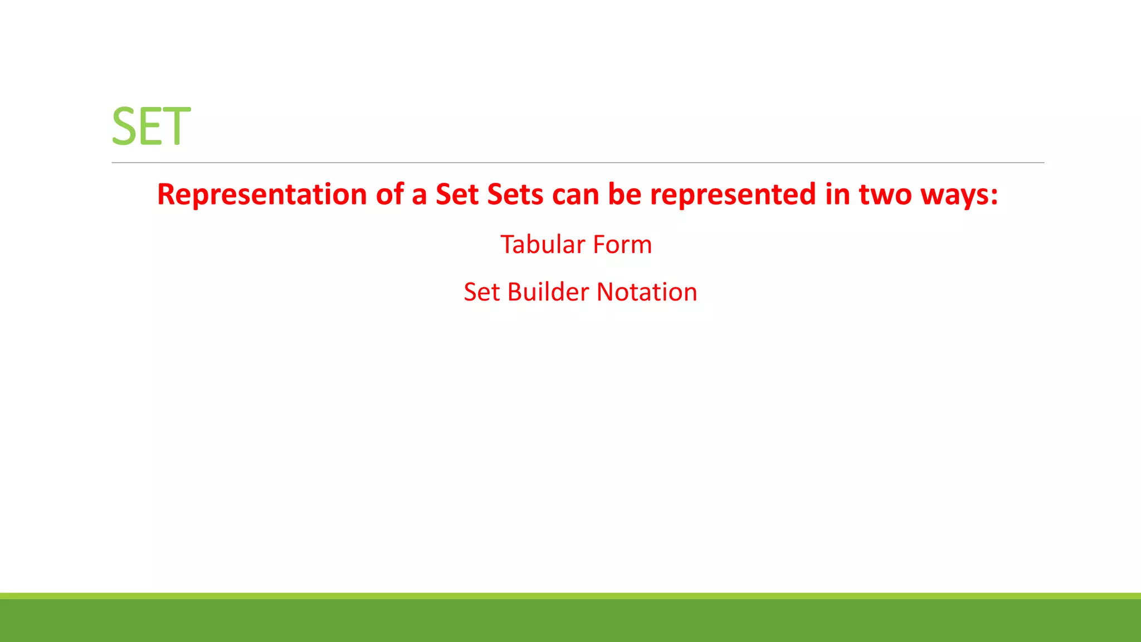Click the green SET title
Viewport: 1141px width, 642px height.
click(x=151, y=127)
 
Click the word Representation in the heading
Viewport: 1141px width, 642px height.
click(x=262, y=194)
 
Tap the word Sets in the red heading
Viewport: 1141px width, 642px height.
click(x=515, y=194)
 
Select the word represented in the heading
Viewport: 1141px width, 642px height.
click(x=733, y=194)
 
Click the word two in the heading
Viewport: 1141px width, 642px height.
click(x=885, y=194)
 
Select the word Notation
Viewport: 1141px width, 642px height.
click(x=647, y=292)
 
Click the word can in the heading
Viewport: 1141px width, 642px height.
click(x=576, y=194)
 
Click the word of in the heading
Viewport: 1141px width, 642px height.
click(x=389, y=194)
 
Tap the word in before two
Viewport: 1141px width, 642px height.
click(x=837, y=194)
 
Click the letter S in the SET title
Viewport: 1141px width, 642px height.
click(x=124, y=127)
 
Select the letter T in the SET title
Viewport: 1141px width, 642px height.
click(x=175, y=127)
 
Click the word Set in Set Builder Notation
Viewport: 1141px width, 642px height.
click(x=481, y=292)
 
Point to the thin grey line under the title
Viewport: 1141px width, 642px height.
click(x=578, y=163)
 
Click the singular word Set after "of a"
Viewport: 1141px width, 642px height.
click(x=457, y=194)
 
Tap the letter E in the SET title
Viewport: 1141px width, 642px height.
click(x=150, y=127)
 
